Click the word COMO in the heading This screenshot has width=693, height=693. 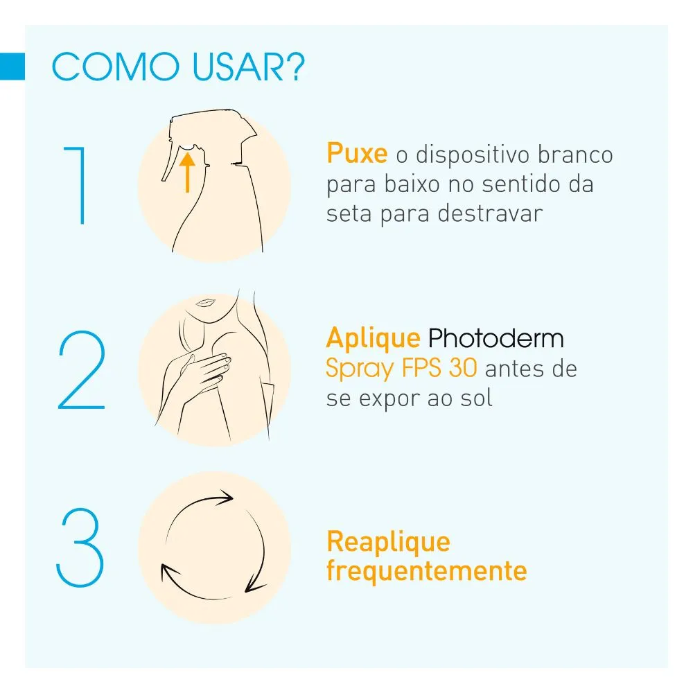coord(116,67)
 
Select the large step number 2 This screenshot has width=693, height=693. coord(82,369)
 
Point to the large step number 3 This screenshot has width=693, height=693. coord(80,547)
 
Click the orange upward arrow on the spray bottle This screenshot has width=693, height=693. coord(187,173)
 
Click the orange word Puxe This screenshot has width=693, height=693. coord(357,153)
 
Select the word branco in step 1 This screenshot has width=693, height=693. coord(575,155)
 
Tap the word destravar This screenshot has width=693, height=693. coord(490,213)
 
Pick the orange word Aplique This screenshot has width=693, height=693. coord(373,339)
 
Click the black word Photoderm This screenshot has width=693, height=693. coord(496,338)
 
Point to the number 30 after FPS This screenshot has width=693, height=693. coord(463,368)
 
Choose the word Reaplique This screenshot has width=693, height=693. coord(389,543)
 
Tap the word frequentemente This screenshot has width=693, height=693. coord(427,570)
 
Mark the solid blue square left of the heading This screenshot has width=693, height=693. coord(12,67)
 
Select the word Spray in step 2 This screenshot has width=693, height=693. coord(360,369)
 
